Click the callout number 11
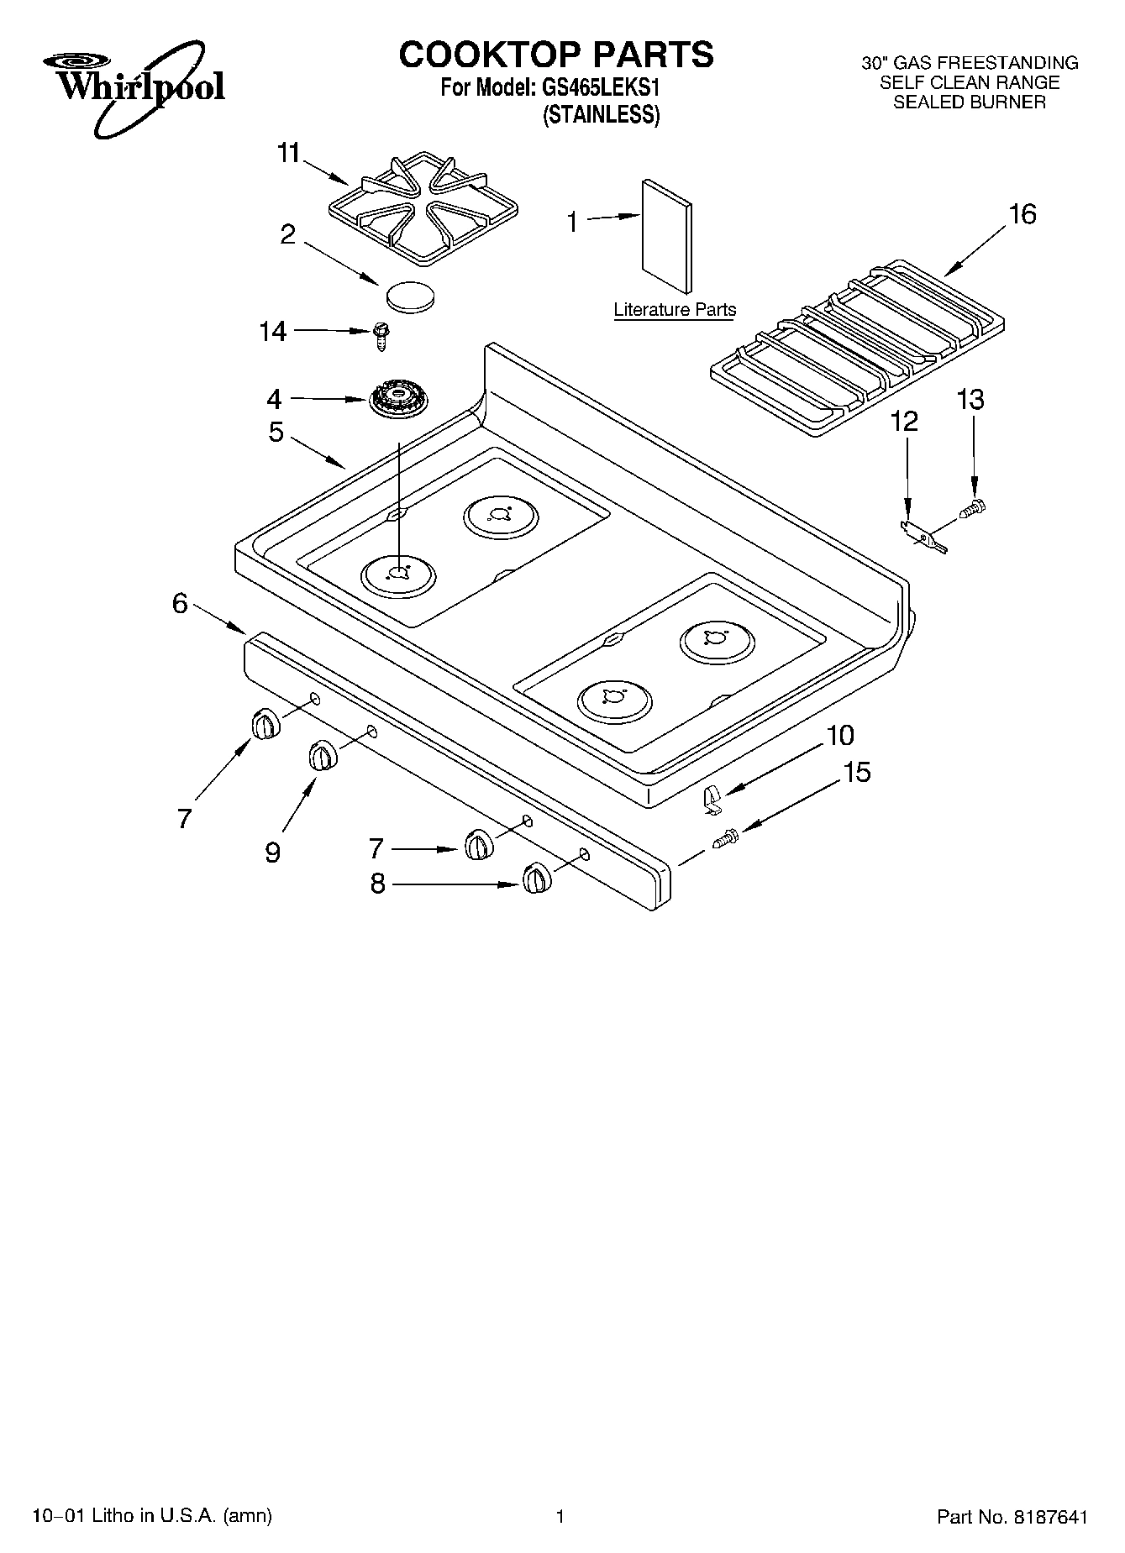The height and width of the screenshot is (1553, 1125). pos(289,154)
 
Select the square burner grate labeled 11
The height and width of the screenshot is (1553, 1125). pos(423,209)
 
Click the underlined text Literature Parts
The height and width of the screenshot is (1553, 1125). pos(675,310)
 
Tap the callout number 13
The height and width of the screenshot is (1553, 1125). pos(970,399)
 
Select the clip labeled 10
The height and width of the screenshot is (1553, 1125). pos(711,798)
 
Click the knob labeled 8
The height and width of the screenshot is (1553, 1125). pos(535,879)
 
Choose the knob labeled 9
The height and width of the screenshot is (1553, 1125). pos(322,755)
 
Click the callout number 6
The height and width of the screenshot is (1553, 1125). pos(180,603)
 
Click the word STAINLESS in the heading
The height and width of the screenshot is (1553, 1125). pos(601,116)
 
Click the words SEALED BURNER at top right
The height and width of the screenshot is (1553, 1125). pos(969,102)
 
